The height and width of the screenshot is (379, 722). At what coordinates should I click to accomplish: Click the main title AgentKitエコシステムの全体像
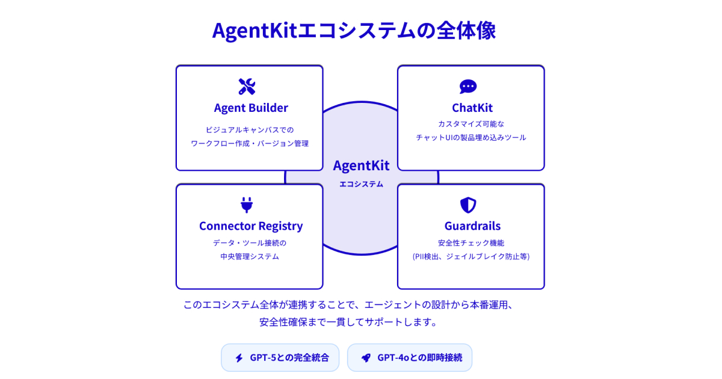[354, 31]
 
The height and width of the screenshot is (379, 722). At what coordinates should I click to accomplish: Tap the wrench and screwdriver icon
[247, 87]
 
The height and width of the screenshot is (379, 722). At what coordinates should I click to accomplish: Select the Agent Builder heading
[251, 108]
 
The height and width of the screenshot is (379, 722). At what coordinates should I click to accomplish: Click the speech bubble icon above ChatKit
[468, 87]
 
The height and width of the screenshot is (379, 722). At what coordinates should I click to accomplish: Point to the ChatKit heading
[472, 108]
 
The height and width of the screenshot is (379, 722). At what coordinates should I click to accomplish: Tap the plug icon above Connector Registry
[247, 205]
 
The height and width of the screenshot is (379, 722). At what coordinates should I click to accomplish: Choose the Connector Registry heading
[251, 226]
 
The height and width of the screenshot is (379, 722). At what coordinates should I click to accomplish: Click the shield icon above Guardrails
[468, 205]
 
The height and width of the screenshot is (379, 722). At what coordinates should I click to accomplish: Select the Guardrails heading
[472, 226]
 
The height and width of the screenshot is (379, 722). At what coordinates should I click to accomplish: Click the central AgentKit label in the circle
[361, 165]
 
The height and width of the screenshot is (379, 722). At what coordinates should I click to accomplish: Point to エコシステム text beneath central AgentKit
[361, 184]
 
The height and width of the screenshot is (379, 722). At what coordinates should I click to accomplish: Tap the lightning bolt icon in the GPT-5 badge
[239, 358]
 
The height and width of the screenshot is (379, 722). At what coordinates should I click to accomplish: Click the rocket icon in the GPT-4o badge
[366, 358]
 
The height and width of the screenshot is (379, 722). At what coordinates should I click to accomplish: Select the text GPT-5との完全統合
[289, 358]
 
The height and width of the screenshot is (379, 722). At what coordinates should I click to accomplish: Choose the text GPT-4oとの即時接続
[419, 358]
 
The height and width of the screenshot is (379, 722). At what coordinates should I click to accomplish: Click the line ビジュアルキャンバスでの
[250, 129]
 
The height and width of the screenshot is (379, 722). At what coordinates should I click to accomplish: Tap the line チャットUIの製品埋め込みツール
[471, 138]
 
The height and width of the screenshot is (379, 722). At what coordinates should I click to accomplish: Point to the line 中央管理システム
[250, 256]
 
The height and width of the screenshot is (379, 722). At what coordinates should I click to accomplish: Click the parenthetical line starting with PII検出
[471, 256]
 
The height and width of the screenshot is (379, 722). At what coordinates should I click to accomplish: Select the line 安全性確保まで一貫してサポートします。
[348, 322]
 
